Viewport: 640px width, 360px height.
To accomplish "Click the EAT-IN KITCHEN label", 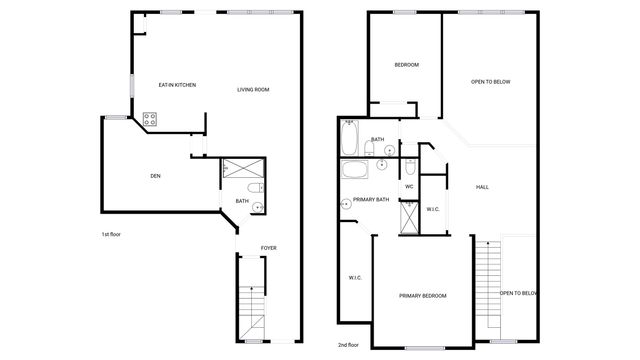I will pos(177,85).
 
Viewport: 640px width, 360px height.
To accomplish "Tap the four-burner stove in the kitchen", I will pos(150,119).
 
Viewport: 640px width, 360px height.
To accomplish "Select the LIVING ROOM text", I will pos(253,90).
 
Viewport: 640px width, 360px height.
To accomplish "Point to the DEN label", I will pos(155,176).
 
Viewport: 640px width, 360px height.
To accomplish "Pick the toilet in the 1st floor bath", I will pos(254,187).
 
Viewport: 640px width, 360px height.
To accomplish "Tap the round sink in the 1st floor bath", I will pos(258,207).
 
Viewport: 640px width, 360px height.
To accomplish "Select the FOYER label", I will pos(269,248).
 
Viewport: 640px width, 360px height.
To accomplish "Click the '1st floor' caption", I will pos(111,234).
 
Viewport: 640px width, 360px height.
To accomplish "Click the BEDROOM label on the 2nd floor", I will pos(406,65).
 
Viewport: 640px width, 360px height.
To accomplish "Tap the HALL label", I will pos(482,187).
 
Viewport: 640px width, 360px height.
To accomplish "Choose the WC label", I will pos(409,187).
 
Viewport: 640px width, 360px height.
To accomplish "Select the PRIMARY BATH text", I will pos(370,199).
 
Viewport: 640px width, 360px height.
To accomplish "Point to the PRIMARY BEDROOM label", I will pos(422,296).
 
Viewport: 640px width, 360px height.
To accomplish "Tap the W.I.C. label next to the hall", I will pos(433,209).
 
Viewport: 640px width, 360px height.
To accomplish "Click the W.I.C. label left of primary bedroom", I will pos(355,277).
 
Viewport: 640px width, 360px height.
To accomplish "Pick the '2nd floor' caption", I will pos(349,345).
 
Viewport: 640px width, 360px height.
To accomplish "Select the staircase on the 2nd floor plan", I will pos(487,285).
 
